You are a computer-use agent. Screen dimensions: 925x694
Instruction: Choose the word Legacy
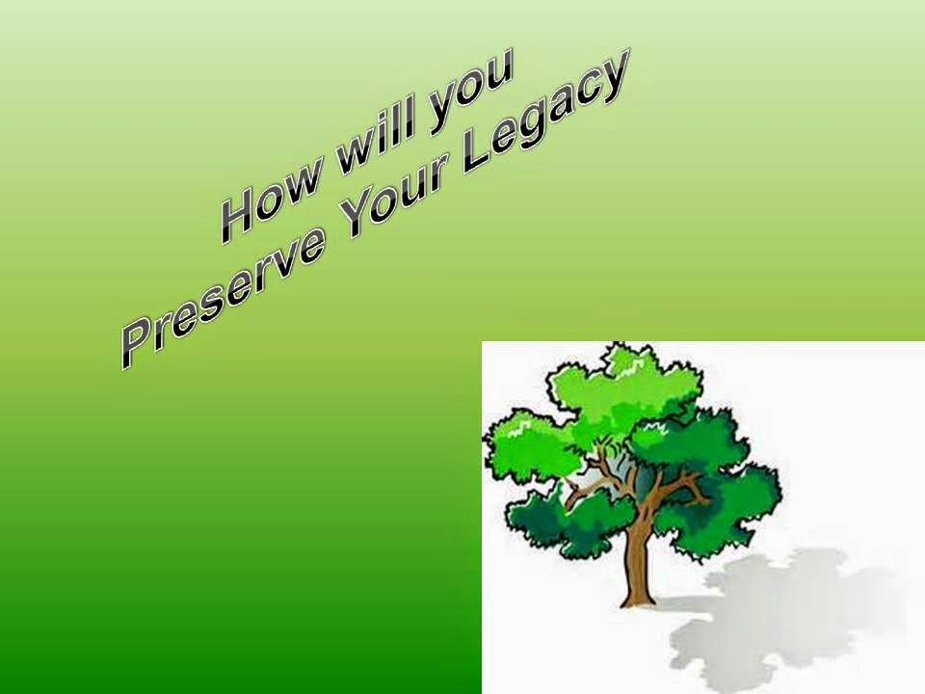point(543,112)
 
